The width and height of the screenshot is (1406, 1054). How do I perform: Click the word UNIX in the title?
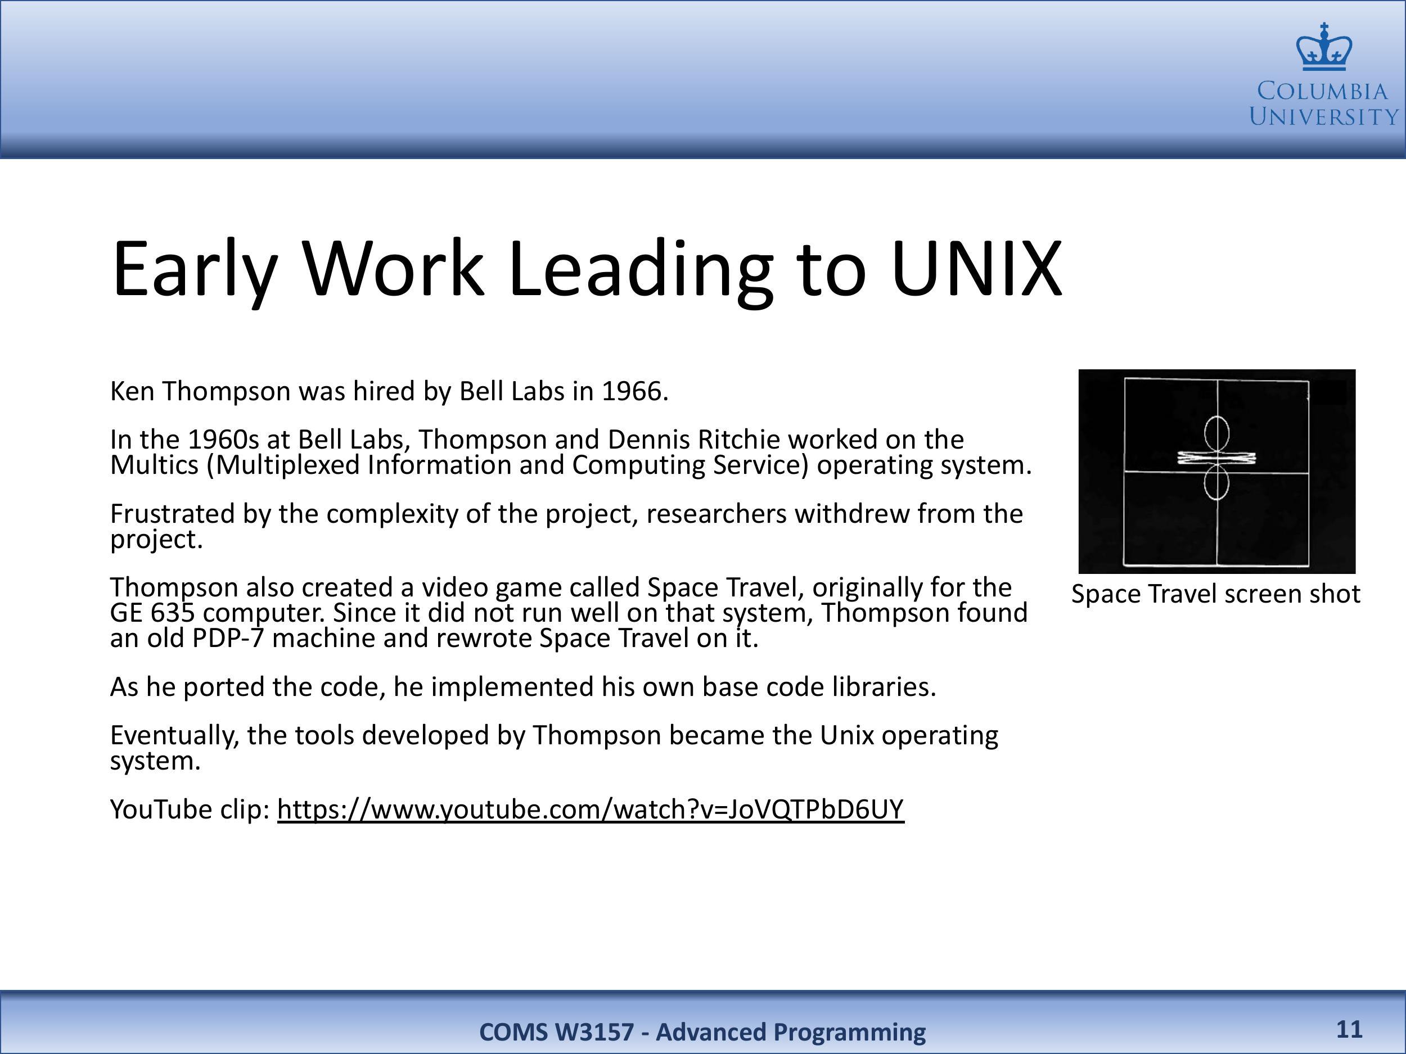tap(977, 268)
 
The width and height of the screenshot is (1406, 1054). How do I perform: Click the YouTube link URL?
tap(591, 809)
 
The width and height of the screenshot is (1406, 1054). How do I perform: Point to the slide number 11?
tap(1349, 1029)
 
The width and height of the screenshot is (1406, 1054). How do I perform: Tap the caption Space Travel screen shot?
tap(1216, 594)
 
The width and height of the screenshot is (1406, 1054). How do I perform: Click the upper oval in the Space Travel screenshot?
tap(1216, 416)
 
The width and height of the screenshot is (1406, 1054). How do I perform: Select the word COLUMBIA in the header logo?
tap(1323, 92)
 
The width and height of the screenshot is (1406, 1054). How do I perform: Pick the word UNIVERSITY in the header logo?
tap(1324, 117)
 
